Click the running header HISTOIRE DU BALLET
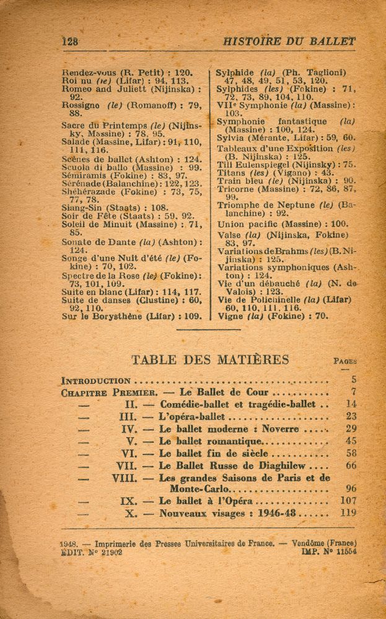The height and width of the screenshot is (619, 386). click(x=289, y=41)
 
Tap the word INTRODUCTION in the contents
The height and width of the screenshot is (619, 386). click(x=96, y=381)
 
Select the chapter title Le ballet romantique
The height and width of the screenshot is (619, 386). click(x=211, y=441)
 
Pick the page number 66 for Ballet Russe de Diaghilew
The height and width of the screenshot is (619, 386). click(x=351, y=465)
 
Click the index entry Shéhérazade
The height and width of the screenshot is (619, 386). click(x=90, y=191)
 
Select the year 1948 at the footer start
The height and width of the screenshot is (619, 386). click(x=68, y=543)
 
